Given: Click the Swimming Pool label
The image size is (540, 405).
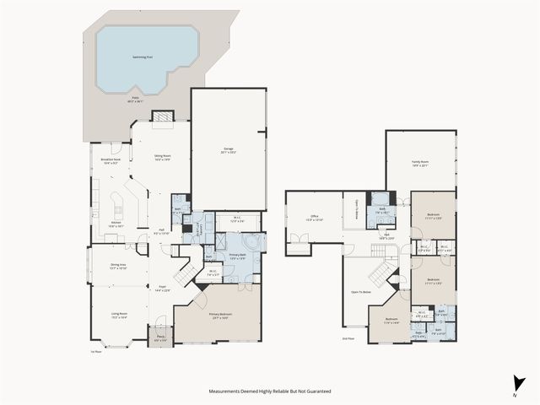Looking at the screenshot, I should point(143,57).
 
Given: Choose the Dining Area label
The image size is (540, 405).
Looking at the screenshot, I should point(118,265).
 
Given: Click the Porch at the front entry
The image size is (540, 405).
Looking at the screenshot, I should point(159,338).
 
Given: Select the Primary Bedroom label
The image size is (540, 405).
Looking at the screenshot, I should point(220,315).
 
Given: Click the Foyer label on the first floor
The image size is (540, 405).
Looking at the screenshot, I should point(161,289).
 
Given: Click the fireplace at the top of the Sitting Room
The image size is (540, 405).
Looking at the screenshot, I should point(162,116).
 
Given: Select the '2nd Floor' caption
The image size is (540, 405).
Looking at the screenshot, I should point(348,339).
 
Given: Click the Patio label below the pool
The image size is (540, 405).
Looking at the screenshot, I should point(137,100).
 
